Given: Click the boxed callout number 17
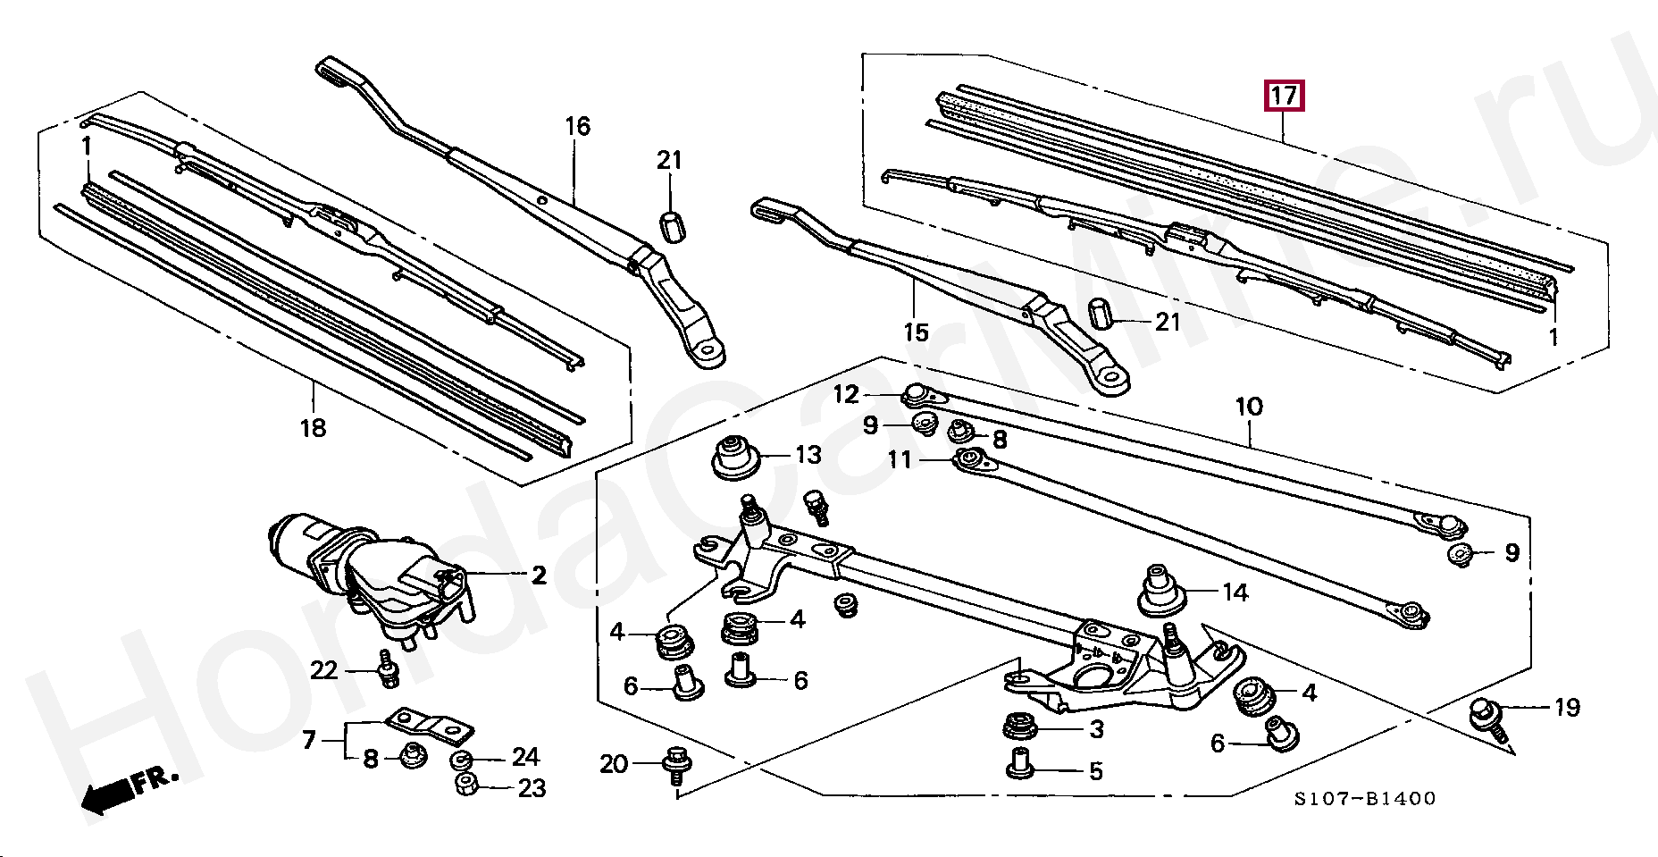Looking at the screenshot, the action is pyautogui.click(x=1284, y=96).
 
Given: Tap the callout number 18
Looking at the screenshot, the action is pyautogui.click(x=313, y=428).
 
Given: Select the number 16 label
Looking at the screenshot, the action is pyautogui.click(x=577, y=126).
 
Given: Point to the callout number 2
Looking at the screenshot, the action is pyautogui.click(x=539, y=575).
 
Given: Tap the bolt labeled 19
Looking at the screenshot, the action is pyautogui.click(x=1488, y=720).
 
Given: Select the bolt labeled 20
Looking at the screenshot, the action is pyautogui.click(x=674, y=767).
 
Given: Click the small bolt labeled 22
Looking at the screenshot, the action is pyautogui.click(x=388, y=668).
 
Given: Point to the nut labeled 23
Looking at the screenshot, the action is pyautogui.click(x=466, y=786).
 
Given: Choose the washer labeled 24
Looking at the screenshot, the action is pyautogui.click(x=461, y=760).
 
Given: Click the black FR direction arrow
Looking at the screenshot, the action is pyautogui.click(x=109, y=796).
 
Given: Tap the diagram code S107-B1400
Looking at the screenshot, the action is pyautogui.click(x=1365, y=799).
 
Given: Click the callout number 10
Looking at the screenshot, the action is pyautogui.click(x=1249, y=407).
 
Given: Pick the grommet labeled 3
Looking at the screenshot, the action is pyautogui.click(x=1019, y=726).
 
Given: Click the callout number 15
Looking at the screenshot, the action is pyautogui.click(x=917, y=332).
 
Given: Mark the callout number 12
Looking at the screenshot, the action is pyautogui.click(x=846, y=394).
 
